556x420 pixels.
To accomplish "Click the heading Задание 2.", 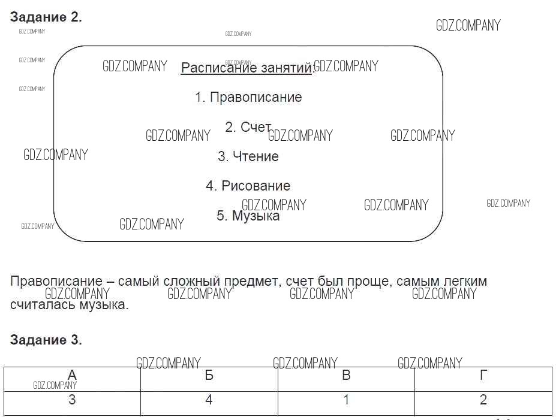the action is click(46, 17).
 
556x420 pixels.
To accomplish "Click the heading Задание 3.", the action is click(46, 340).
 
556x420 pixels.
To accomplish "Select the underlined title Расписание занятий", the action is click(247, 68).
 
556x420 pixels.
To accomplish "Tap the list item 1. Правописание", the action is click(248, 97).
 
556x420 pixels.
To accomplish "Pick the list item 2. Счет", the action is click(248, 127).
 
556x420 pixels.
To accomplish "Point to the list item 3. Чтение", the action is click(248, 156).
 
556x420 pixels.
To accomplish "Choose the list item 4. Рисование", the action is click(248, 186).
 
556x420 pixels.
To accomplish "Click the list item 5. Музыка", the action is click(248, 215).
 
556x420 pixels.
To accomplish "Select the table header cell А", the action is click(72, 379).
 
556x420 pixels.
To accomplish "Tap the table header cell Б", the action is click(209, 379).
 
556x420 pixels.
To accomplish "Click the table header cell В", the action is click(346, 379).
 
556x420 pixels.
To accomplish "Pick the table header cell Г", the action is click(483, 379).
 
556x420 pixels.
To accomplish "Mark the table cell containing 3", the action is click(72, 403).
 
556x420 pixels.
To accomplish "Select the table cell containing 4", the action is click(209, 403).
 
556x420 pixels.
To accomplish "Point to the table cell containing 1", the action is click(346, 403).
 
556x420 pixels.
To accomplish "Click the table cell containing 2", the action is click(483, 403).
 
